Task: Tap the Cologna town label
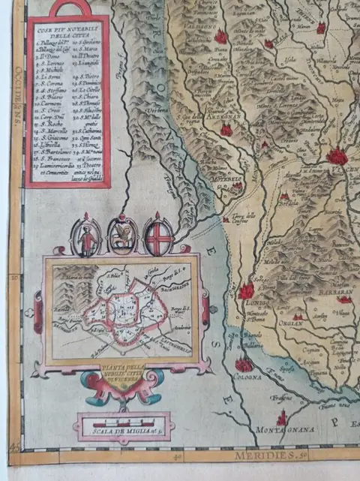tap(243, 379)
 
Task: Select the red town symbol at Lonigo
tap(247, 290)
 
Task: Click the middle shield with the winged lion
tap(122, 235)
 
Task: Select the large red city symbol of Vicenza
tap(337, 156)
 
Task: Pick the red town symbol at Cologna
tap(243, 365)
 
